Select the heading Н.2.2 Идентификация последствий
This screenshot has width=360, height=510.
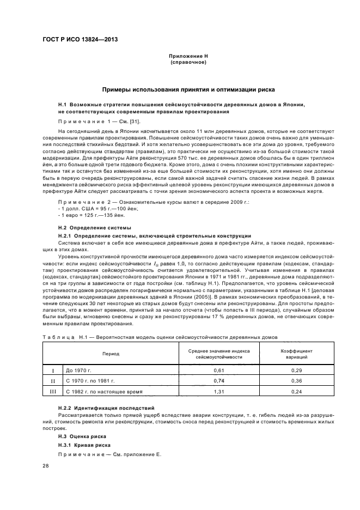pos(106,408)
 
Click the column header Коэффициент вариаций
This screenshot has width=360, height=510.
pos(296,354)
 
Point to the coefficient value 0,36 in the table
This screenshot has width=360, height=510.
pos(296,381)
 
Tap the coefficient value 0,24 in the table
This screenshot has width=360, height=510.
pos(296,391)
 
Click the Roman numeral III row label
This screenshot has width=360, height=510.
pos(53,391)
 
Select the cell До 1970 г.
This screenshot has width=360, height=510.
pos(81,370)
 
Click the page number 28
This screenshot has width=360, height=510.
pos(46,466)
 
